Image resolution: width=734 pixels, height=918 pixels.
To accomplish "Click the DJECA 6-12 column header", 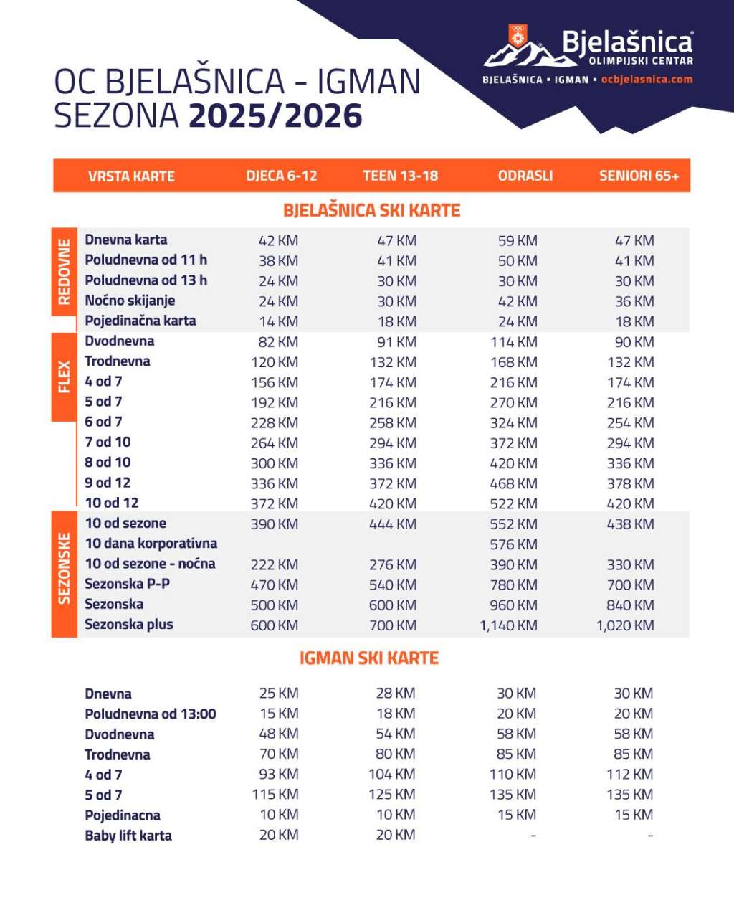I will tap(281, 176).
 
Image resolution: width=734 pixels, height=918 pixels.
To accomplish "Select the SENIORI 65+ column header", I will tap(639, 176).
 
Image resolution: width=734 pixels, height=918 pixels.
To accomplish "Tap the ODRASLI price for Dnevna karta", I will tap(518, 241).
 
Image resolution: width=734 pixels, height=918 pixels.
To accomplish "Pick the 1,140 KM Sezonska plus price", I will tap(508, 625).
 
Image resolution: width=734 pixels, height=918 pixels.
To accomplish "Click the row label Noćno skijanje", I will tap(130, 301).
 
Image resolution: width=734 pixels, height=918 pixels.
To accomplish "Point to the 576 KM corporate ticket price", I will tap(513, 544).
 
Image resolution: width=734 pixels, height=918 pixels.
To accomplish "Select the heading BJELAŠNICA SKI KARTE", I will tap(371, 210).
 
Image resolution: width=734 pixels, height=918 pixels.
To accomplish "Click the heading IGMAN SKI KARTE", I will tap(368, 658).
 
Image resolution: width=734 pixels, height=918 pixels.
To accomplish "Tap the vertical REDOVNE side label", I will tap(65, 272).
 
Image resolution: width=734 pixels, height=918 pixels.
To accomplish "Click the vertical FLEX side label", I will tap(65, 377).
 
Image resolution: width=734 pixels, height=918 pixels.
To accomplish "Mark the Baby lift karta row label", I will tap(128, 836).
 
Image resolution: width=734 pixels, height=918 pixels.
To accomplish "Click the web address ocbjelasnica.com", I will tap(647, 80).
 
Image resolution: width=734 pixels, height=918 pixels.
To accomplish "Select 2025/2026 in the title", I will tap(275, 116).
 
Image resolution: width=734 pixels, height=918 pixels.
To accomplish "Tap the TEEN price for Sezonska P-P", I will tap(392, 585).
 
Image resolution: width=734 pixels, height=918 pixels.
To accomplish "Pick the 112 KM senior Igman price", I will tap(629, 775).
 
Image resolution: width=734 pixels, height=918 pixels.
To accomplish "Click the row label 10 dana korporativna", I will tap(151, 544).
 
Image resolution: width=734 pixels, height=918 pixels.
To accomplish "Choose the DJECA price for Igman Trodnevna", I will tap(279, 754).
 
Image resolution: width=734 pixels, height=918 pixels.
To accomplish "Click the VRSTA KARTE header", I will tap(131, 176).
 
